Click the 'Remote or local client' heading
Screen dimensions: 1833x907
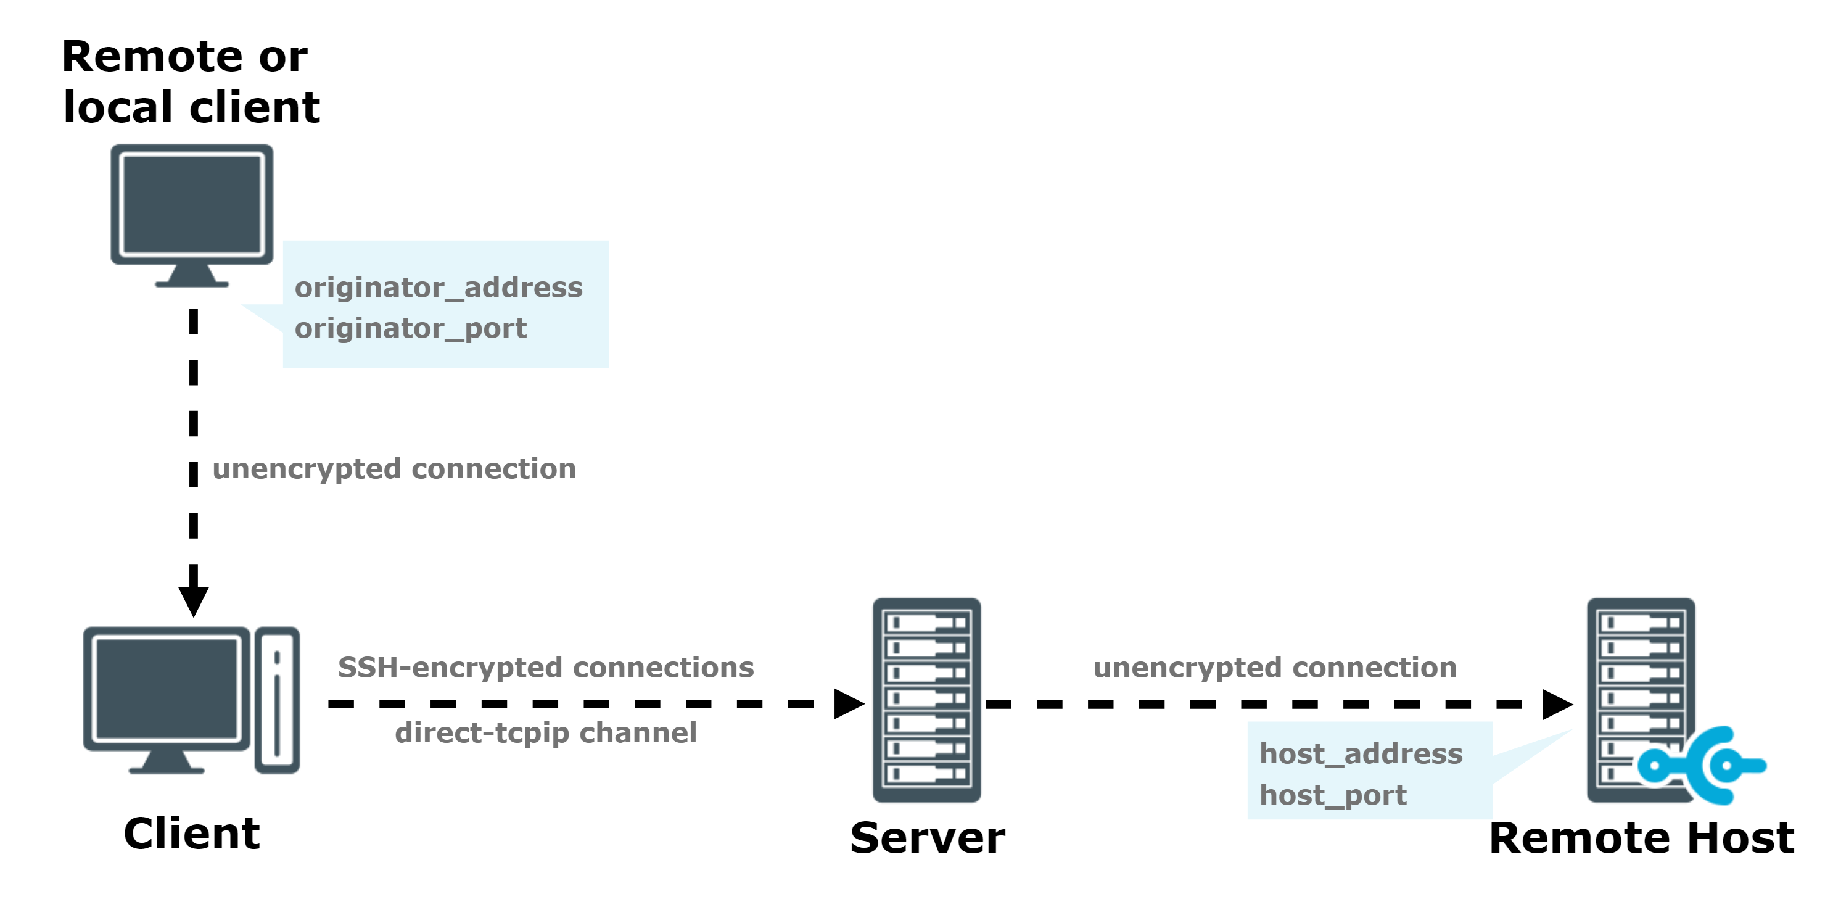(x=191, y=81)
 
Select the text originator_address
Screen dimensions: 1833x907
(x=439, y=288)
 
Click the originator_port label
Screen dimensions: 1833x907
(x=411, y=329)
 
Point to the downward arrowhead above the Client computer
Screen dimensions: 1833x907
(x=194, y=602)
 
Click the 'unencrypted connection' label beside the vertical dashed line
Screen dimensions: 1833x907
(x=394, y=469)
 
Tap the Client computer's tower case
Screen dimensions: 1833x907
(x=277, y=700)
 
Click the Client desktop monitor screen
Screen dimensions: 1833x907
(x=167, y=689)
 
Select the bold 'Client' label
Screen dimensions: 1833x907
(x=191, y=834)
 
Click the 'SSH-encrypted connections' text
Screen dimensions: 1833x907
(x=546, y=668)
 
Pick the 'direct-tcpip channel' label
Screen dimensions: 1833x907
(x=546, y=733)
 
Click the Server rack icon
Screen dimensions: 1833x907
(x=927, y=700)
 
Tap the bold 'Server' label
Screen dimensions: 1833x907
(x=928, y=838)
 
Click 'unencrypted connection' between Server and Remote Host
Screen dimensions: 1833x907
(x=1275, y=668)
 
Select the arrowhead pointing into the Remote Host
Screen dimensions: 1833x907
(x=1559, y=705)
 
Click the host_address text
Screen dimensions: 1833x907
(x=1361, y=754)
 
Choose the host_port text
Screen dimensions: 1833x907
(x=1333, y=795)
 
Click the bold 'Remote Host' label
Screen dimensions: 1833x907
(x=1642, y=838)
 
